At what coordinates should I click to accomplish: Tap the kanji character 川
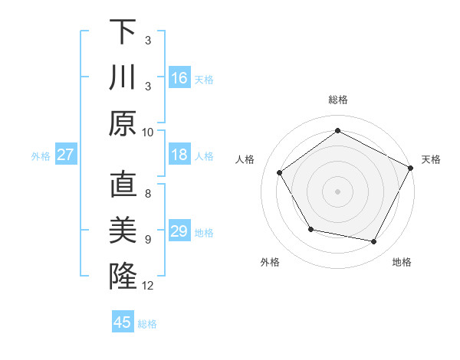[123, 78]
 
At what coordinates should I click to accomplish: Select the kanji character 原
[123, 123]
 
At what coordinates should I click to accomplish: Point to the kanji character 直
[123, 186]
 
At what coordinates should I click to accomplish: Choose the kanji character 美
[123, 230]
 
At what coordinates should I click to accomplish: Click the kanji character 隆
[123, 274]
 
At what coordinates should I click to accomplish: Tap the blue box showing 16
[179, 77]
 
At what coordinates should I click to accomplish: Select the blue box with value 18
[179, 155]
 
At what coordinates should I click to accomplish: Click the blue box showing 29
[179, 231]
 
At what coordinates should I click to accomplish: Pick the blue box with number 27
[66, 155]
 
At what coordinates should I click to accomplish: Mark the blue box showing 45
[123, 322]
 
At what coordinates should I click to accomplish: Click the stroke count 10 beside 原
[148, 132]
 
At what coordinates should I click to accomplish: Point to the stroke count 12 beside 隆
[148, 286]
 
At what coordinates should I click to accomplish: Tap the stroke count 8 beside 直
[148, 195]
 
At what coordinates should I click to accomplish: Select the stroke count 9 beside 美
[148, 239]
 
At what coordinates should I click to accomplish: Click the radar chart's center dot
[337, 191]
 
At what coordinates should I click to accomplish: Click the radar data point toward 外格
[310, 229]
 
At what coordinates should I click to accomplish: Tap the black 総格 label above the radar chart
[337, 100]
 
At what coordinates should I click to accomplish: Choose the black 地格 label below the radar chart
[402, 263]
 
